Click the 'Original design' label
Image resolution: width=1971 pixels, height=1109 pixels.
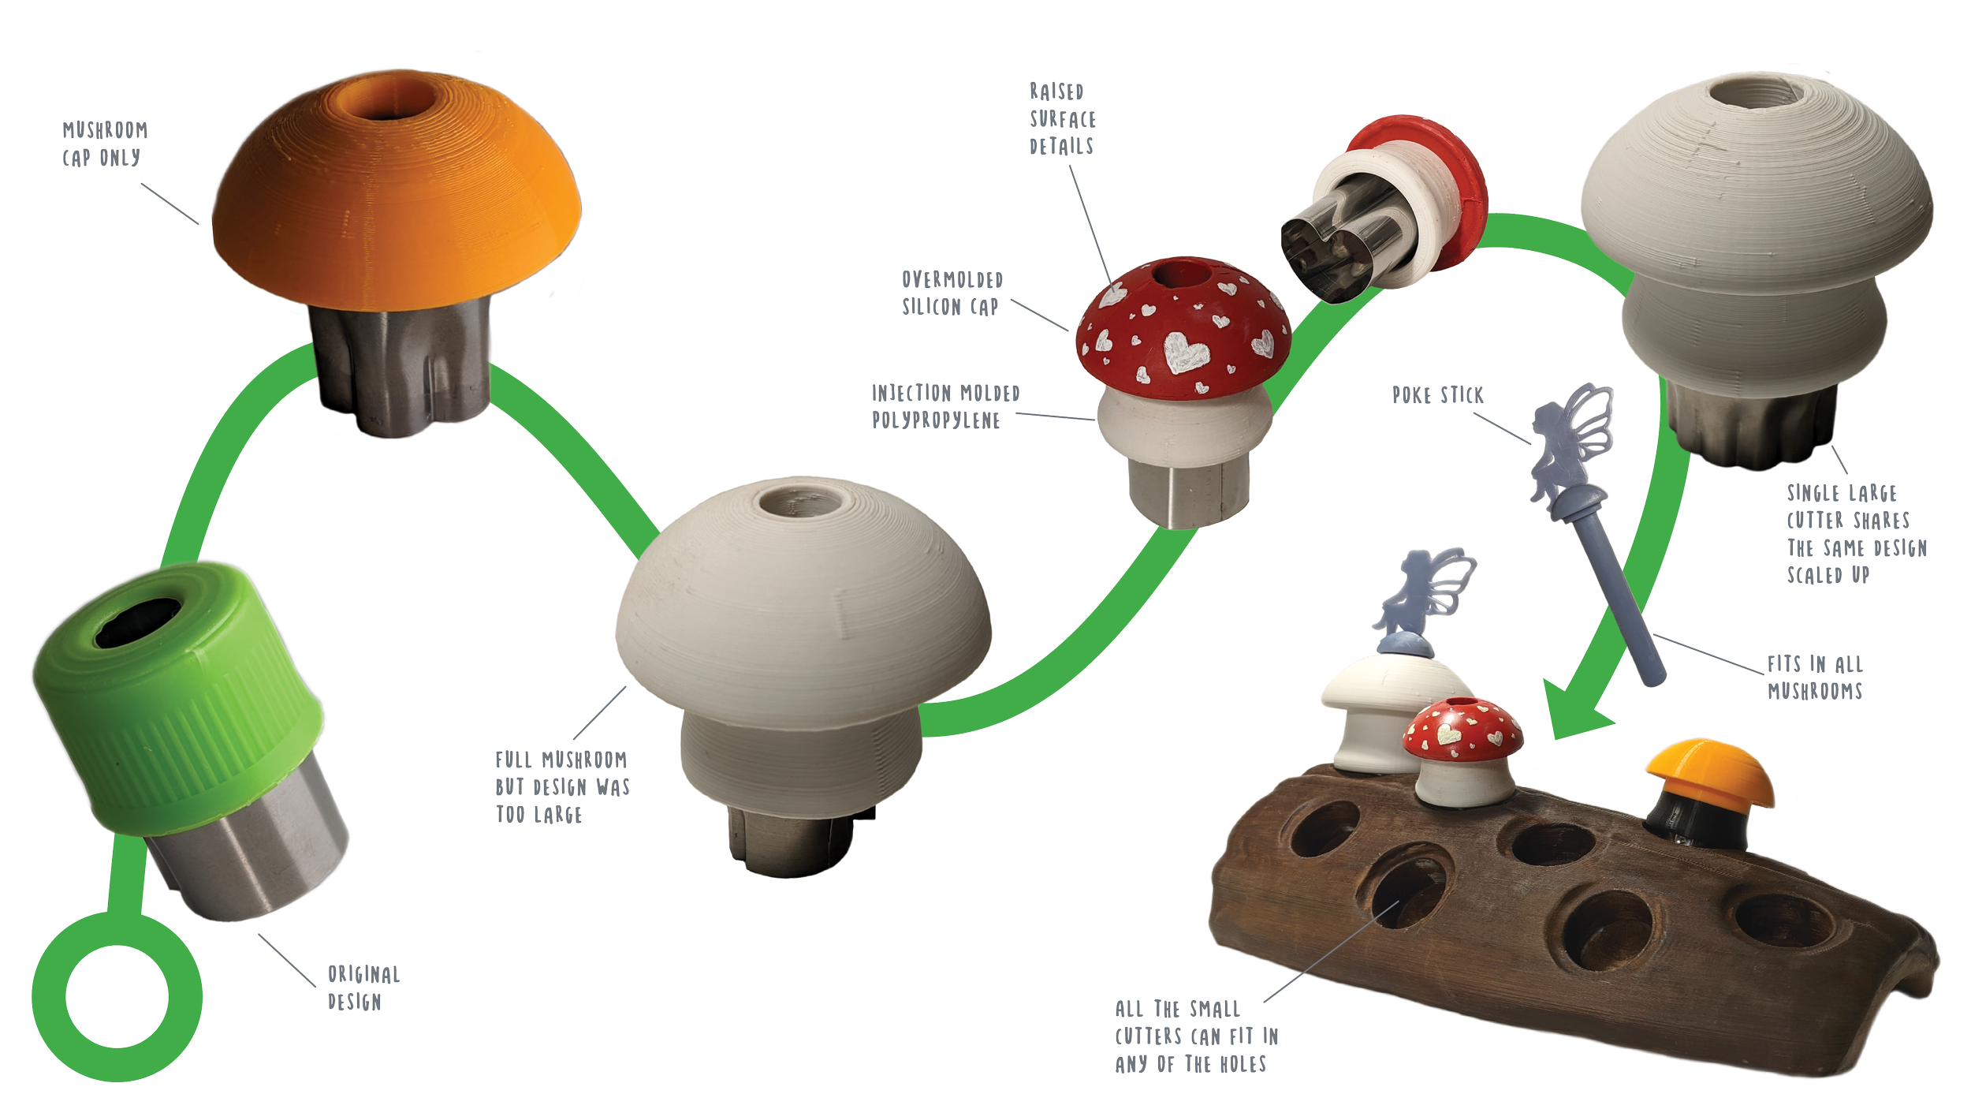363,988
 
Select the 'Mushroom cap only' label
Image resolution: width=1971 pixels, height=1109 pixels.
105,144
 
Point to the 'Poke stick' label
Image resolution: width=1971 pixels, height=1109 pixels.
1437,395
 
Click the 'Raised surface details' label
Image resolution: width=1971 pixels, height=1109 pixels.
1062,118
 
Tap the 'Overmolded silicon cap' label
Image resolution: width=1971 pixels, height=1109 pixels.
952,293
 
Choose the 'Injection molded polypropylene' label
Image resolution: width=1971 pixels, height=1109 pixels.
945,406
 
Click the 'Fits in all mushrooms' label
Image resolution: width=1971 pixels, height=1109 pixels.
1814,678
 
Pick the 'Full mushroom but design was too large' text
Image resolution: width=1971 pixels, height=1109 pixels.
561,787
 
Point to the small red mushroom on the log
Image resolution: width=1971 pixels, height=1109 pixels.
1462,749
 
